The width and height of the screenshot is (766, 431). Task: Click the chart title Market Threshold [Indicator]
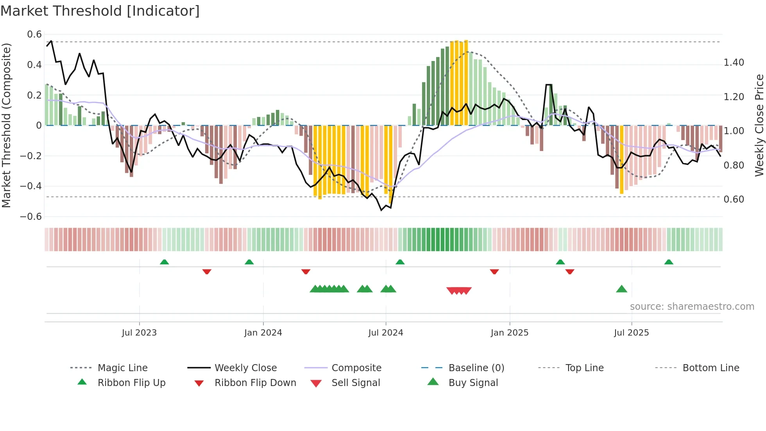(x=100, y=11)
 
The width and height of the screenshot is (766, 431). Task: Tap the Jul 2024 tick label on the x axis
(x=385, y=333)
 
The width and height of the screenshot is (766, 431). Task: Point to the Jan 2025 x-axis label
(x=509, y=333)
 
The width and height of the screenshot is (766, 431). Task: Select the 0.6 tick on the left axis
(x=34, y=34)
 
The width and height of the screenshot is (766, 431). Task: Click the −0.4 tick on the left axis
(x=31, y=186)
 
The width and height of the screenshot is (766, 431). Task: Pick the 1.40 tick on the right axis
(x=734, y=63)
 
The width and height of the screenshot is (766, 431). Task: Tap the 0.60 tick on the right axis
(x=734, y=199)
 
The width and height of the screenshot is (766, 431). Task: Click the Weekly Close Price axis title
(x=759, y=125)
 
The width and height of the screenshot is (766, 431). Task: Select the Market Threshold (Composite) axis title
(x=6, y=125)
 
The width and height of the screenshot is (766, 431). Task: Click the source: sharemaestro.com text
(x=692, y=307)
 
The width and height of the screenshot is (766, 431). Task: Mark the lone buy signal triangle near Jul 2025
(x=621, y=289)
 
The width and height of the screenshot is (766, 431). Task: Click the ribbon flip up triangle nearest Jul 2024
(x=400, y=262)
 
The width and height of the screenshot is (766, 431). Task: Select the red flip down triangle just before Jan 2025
(x=494, y=271)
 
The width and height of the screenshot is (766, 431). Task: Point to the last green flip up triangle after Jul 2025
(x=669, y=262)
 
